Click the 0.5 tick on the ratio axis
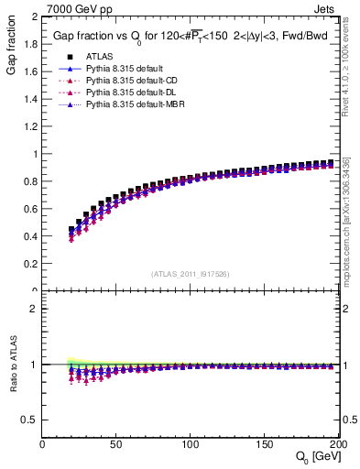coord(33,419)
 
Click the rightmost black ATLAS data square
coord(332,162)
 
